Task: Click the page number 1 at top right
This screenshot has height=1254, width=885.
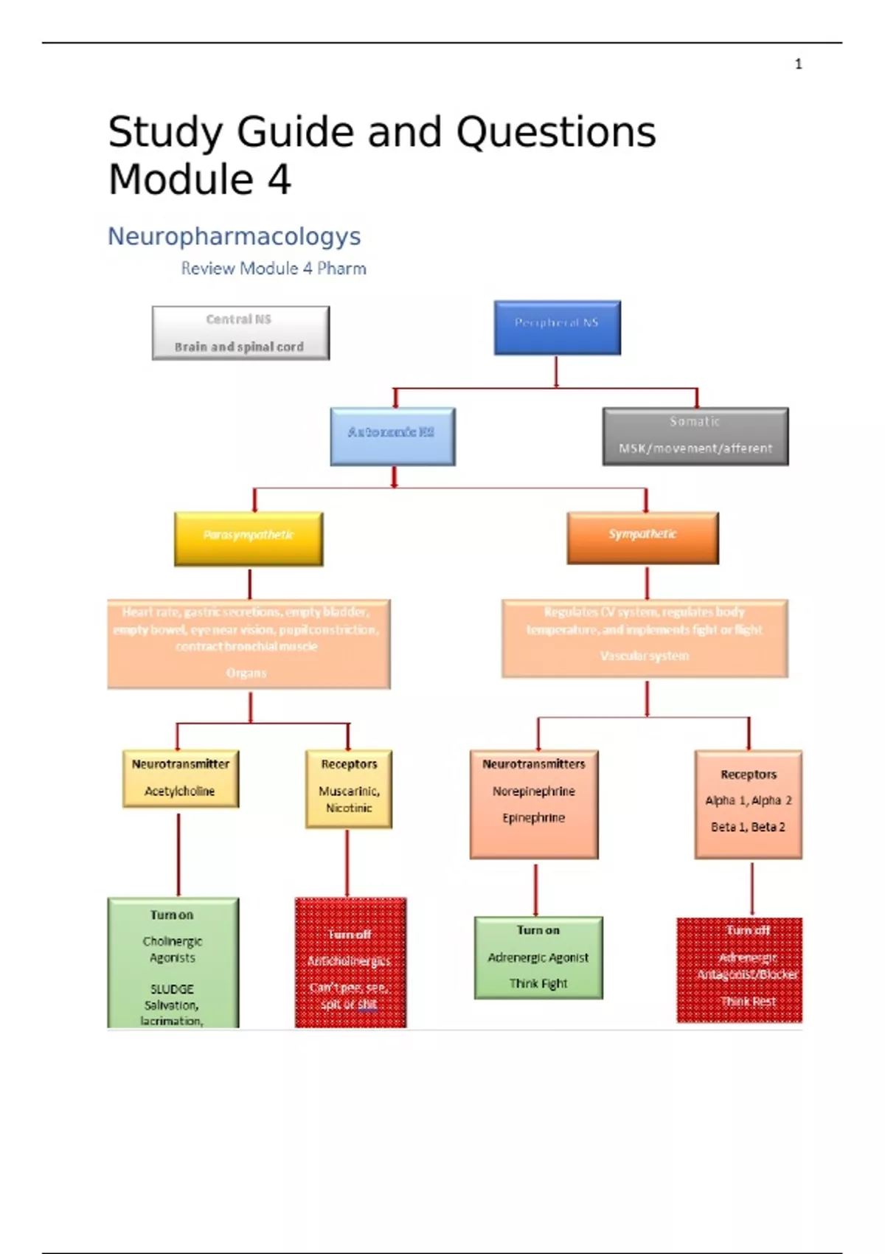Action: click(x=798, y=64)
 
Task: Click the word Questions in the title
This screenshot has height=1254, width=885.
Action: click(x=555, y=133)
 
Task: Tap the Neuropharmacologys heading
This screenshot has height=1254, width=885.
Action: click(x=234, y=236)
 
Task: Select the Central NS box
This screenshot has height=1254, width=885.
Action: click(x=240, y=333)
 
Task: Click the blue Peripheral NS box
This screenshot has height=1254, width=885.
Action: click(x=557, y=328)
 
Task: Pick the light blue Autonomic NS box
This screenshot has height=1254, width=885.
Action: click(x=392, y=436)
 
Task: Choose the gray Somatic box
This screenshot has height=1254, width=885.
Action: click(x=695, y=436)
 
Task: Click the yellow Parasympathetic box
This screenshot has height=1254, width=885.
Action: click(x=249, y=538)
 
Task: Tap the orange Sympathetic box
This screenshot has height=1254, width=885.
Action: click(x=642, y=538)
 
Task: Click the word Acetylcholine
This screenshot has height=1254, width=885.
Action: click(x=179, y=791)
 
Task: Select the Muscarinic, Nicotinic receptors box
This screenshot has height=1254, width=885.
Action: click(x=349, y=789)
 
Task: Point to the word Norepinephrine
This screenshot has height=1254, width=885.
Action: click(x=533, y=791)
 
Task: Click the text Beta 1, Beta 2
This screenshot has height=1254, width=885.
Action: click(x=748, y=827)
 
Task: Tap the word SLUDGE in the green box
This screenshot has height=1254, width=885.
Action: click(x=172, y=988)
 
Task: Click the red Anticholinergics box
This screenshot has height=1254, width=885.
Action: click(x=350, y=962)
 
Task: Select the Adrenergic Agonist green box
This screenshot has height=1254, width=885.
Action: click(x=538, y=957)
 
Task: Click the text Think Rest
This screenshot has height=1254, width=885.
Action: click(x=748, y=1001)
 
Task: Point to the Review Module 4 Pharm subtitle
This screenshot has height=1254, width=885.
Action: click(x=274, y=269)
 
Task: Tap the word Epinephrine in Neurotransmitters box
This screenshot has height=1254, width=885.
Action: click(x=533, y=817)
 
